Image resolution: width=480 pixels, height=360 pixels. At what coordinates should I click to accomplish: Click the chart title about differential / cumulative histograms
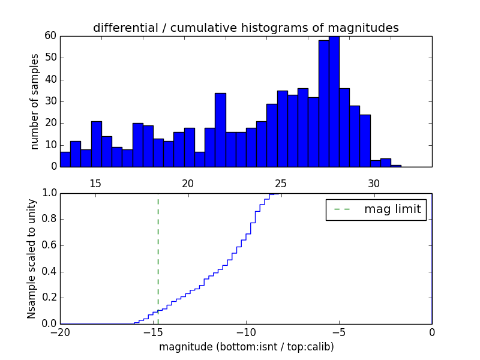[x=245, y=28]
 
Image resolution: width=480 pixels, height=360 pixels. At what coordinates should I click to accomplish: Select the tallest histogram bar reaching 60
[x=334, y=102]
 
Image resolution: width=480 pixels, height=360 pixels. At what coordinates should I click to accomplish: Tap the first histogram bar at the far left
[x=65, y=159]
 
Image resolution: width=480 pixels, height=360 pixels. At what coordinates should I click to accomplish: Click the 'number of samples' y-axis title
[x=35, y=101]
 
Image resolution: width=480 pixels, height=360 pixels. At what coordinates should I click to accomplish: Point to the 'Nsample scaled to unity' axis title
[x=32, y=259]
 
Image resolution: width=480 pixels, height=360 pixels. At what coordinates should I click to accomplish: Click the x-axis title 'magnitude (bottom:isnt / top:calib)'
[x=246, y=347]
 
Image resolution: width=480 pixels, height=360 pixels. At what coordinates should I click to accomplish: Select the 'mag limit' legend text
[x=392, y=209]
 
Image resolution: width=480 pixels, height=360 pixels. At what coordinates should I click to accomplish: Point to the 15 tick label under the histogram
[x=95, y=184]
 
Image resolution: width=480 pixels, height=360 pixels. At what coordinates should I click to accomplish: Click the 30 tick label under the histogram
[x=374, y=184]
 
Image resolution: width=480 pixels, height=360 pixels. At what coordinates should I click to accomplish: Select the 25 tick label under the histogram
[x=281, y=184]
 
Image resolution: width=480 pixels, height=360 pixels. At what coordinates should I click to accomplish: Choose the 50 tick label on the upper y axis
[x=51, y=58]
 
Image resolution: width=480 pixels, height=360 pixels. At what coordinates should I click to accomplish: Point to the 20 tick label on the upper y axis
[x=51, y=123]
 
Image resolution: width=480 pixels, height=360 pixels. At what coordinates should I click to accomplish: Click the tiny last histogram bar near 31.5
[x=396, y=166]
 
